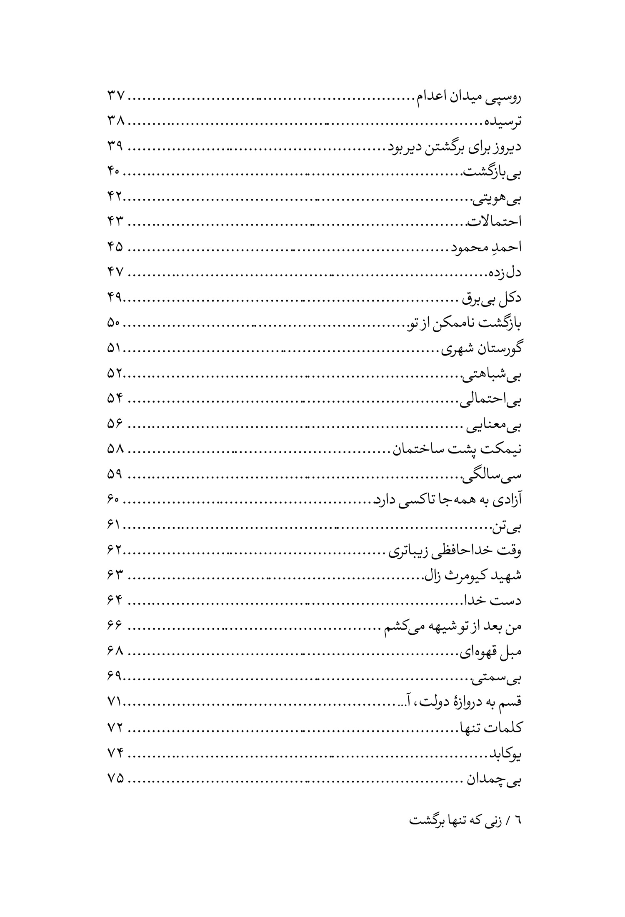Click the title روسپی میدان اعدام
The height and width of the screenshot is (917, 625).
(467, 98)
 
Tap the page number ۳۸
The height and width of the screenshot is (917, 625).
(115, 122)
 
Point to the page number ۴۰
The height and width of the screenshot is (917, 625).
(113, 172)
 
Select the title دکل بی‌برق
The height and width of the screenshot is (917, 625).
(490, 298)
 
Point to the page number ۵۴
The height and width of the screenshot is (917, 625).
(115, 399)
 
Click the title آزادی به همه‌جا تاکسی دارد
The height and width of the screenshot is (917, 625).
(447, 500)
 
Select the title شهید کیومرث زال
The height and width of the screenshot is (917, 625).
(472, 576)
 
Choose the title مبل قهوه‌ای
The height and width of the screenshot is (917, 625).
(490, 651)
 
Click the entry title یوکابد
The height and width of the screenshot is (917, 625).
(505, 753)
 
